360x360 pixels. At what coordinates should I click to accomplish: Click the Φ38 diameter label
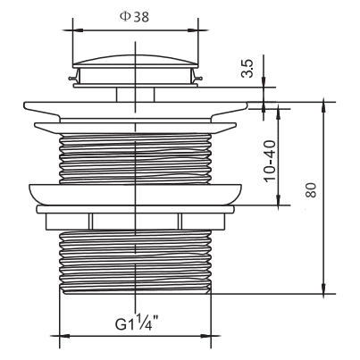pos(134,17)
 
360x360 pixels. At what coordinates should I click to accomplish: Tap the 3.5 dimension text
pos(247,69)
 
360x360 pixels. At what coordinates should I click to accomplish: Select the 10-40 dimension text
pos(270,161)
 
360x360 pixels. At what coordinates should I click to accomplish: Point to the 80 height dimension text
pos(311,190)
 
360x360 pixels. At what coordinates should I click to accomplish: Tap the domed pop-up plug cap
pos(135,60)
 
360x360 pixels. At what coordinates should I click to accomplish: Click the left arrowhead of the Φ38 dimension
pos(78,30)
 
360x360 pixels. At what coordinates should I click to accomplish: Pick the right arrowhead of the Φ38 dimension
pos(193,30)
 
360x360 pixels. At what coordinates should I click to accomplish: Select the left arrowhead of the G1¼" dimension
pos(64,336)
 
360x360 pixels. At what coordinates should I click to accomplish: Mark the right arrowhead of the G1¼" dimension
pos(205,336)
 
